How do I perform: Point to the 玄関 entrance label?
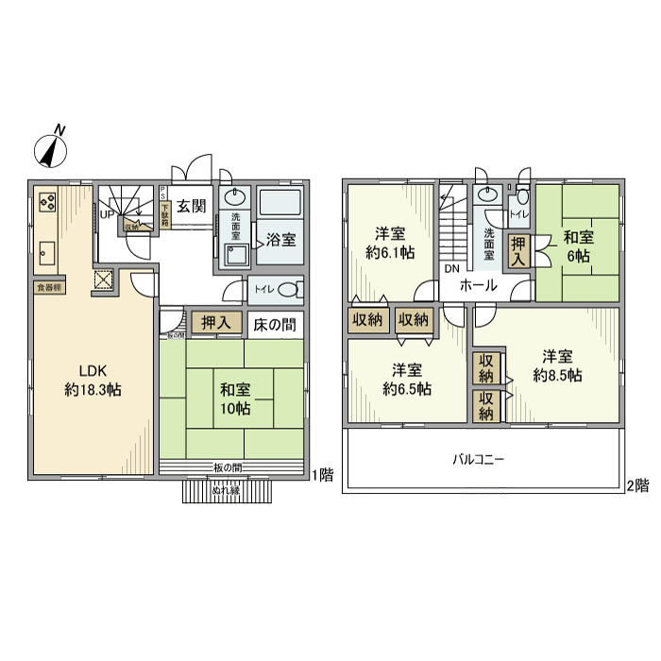point(192,207)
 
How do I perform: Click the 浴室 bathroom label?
point(280,239)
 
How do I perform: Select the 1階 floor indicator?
point(321,474)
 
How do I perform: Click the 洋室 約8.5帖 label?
point(557,365)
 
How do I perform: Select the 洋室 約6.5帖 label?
point(407,379)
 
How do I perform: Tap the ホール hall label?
point(479,285)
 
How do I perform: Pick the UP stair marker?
point(108,214)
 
